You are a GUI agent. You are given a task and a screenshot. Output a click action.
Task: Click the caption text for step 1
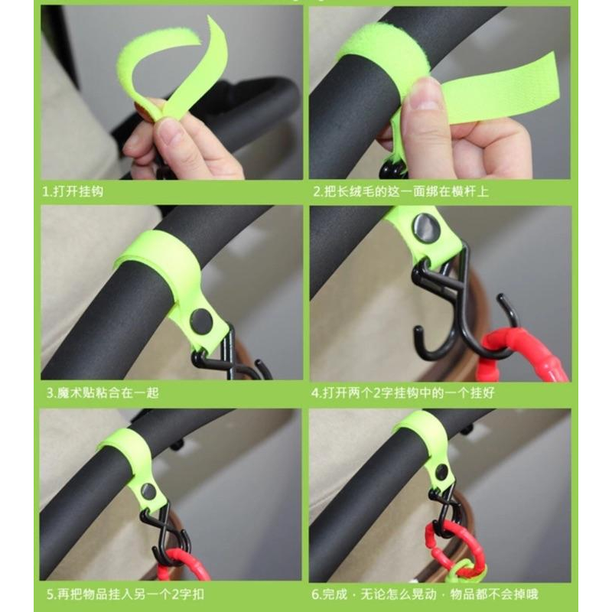coord(73,191)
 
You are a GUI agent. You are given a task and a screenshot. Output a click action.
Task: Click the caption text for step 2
coord(401,191)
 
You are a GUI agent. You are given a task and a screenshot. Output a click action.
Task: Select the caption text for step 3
coord(103,392)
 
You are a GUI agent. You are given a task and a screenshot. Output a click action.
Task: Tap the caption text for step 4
coord(403,392)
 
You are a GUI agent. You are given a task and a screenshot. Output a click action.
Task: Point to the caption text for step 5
coord(125,594)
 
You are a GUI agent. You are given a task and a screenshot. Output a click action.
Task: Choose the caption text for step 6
coord(425,594)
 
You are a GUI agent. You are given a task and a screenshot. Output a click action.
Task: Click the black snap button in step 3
coord(201,320)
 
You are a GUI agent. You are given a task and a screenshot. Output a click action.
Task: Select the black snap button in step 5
coord(148,492)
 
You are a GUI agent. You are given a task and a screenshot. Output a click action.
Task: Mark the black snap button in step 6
coord(442,472)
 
